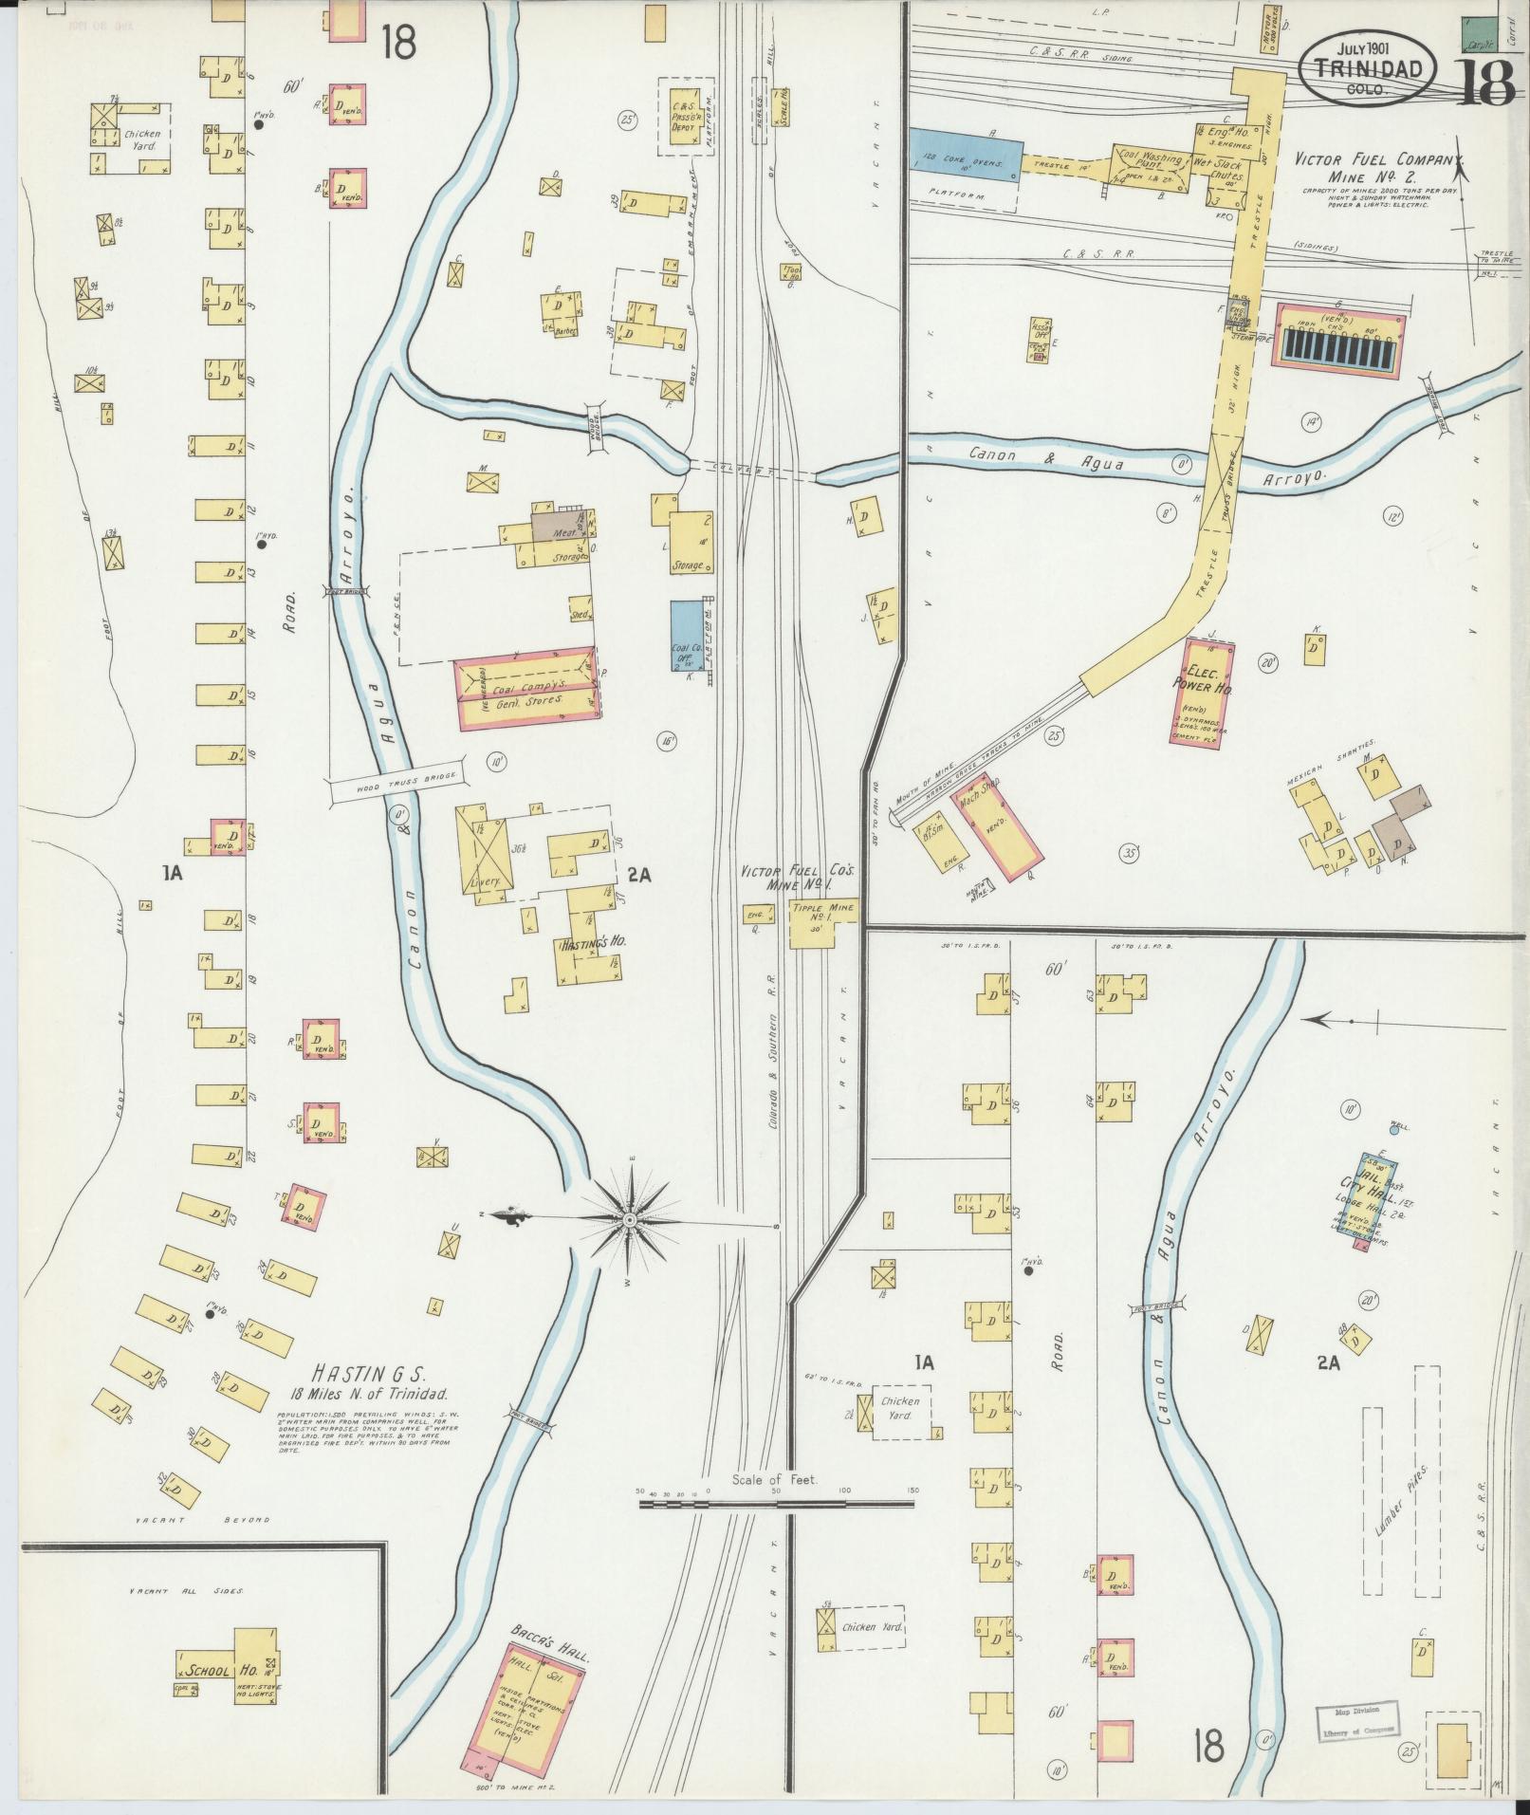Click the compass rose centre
pos(628,1217)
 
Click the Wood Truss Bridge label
pos(398,781)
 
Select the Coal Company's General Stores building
pos(524,690)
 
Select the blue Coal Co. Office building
pos(687,635)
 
